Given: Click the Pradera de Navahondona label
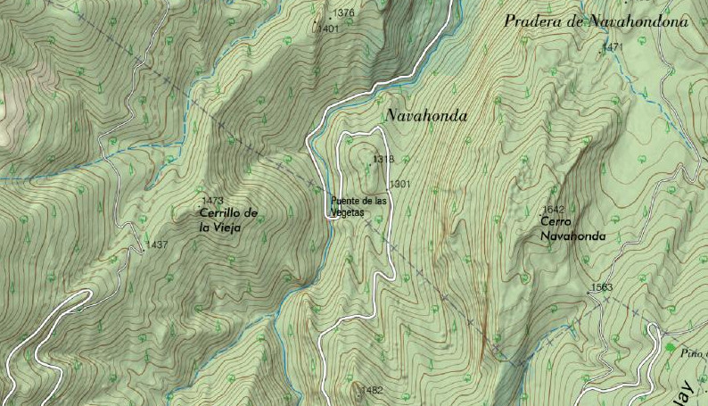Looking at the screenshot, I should point(596,21).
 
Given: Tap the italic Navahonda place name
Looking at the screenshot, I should point(426,116).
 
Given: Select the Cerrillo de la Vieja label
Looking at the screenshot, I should point(227,220).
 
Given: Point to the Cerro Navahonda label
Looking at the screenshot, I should point(572,229).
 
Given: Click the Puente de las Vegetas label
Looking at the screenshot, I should point(358,205).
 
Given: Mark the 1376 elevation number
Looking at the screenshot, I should point(343,13).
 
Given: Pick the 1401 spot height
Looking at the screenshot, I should point(328,29).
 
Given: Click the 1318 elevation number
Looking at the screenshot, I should point(383,160).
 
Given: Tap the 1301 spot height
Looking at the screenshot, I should point(400,184).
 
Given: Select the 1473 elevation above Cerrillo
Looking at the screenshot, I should point(213,201).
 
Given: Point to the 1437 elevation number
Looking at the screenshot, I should point(157,244).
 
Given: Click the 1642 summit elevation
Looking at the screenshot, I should point(553,210).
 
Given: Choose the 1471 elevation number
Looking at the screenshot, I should point(613,46).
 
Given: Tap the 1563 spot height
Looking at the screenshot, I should point(601,287).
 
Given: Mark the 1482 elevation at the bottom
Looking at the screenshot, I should point(371,390).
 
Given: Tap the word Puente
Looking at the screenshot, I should point(344,201).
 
